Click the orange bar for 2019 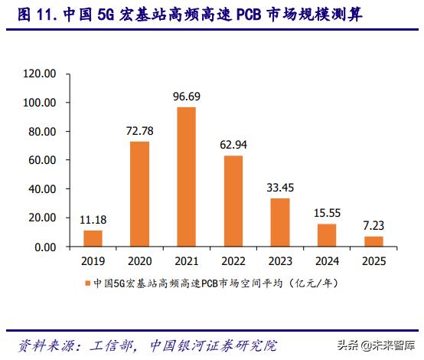point(93,238)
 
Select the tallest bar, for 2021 point(186,177)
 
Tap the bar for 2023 point(280,222)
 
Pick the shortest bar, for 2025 point(374,241)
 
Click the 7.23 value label point(374,226)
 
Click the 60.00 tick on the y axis point(43,161)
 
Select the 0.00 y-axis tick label point(45,247)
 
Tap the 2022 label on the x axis point(233,261)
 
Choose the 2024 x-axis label point(328,261)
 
